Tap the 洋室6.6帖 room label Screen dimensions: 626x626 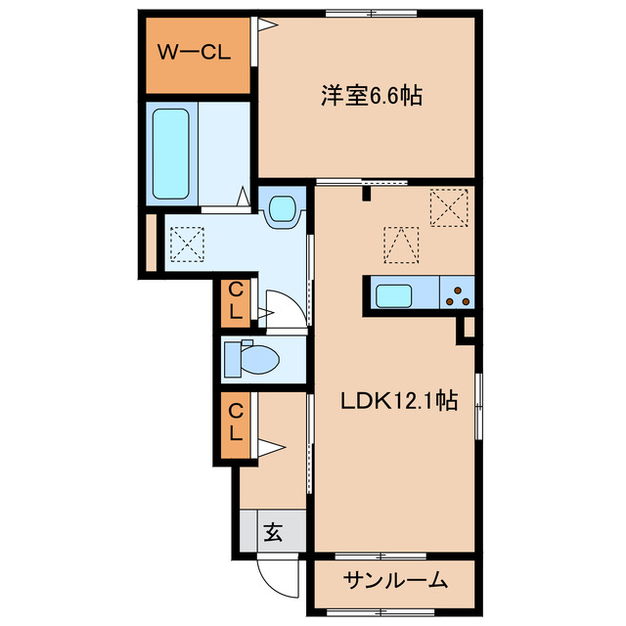click(371, 97)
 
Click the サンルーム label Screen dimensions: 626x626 click(395, 580)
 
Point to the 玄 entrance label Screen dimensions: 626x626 click(273, 533)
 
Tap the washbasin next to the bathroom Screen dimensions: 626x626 click(283, 208)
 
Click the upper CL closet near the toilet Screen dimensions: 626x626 click(235, 302)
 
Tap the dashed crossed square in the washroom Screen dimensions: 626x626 click(188, 242)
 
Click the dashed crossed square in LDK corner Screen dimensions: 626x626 click(449, 206)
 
